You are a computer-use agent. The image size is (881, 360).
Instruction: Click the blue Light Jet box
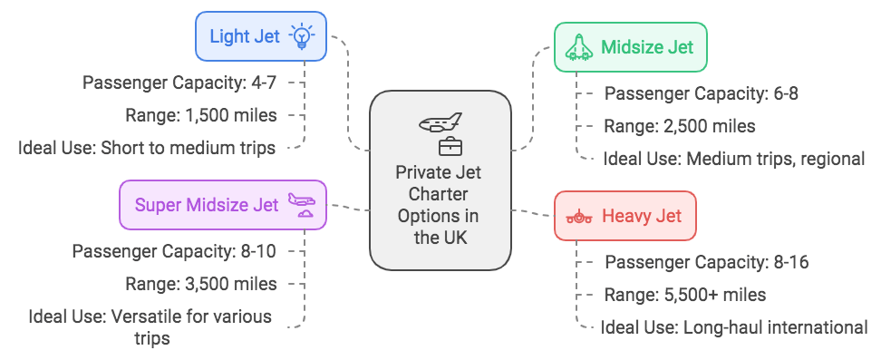[x=260, y=36]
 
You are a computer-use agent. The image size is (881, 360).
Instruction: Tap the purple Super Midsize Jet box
[x=223, y=204]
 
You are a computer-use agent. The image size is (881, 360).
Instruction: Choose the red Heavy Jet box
[x=624, y=216]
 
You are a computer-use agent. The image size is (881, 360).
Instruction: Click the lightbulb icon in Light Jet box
[x=300, y=36]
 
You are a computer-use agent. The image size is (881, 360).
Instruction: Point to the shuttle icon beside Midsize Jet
[x=579, y=47]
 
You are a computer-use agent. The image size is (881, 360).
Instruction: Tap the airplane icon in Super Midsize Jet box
[x=301, y=204]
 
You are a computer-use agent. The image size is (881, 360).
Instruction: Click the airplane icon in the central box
[x=440, y=122]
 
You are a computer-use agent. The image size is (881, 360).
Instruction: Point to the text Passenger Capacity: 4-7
[x=179, y=83]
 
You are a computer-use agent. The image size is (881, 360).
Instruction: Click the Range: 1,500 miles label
[x=201, y=115]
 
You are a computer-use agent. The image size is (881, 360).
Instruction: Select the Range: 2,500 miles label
[x=680, y=126]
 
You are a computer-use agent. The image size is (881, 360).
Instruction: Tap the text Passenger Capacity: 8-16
[x=706, y=262]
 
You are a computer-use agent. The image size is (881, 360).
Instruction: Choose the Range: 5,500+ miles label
[x=685, y=295]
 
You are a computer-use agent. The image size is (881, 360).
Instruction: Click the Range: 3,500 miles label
[x=201, y=283]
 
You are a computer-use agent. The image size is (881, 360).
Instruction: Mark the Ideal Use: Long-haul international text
[x=734, y=327]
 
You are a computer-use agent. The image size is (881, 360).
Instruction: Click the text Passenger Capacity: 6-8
[x=701, y=92]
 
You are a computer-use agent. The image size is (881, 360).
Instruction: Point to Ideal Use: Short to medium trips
[x=147, y=148]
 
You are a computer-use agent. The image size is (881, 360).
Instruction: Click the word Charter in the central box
[x=440, y=194]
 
